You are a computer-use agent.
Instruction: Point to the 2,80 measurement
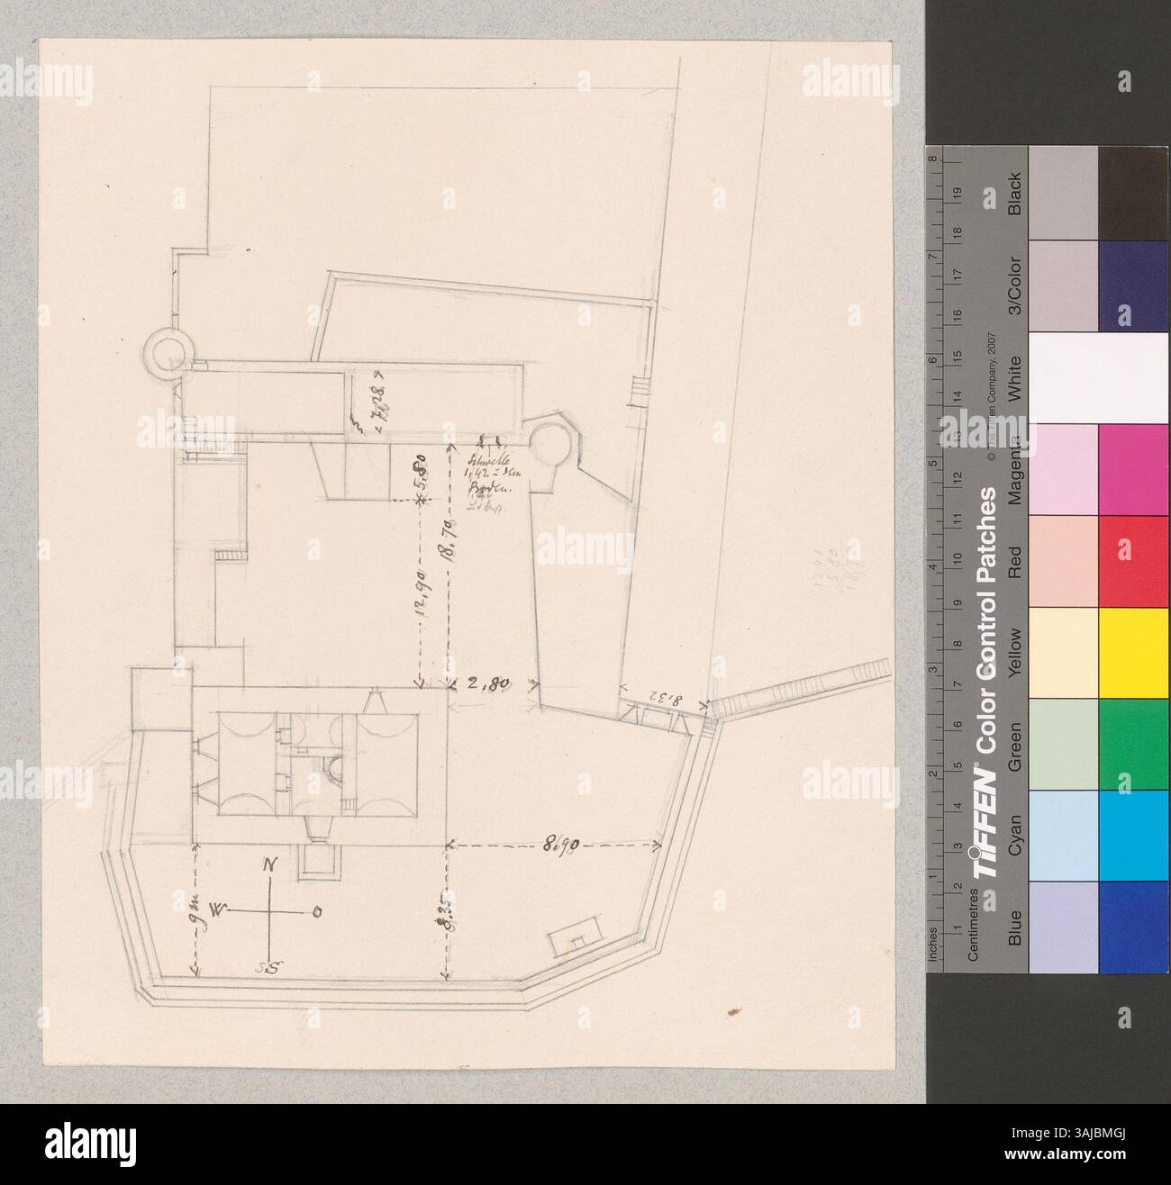491,683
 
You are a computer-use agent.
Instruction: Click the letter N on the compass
268,866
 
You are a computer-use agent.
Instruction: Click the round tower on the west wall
169,350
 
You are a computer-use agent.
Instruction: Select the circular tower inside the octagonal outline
547,444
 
